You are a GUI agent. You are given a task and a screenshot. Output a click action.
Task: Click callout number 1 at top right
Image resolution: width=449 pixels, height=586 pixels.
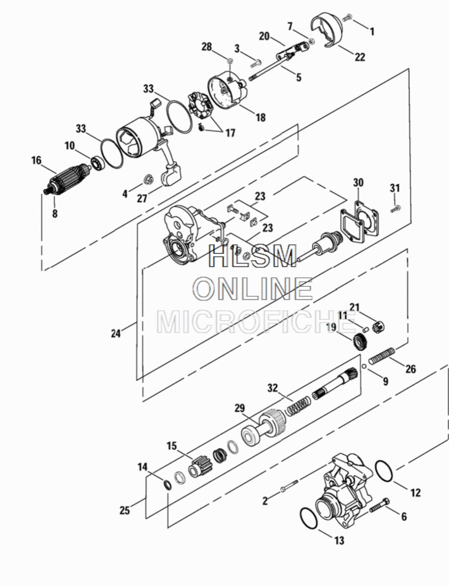(372, 32)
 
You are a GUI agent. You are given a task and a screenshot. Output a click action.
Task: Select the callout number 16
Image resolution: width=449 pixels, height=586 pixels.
(36, 160)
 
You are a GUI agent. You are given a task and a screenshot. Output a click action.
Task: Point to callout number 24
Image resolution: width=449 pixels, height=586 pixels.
(116, 334)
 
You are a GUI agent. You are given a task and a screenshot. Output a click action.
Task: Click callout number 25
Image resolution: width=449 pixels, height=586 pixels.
(125, 510)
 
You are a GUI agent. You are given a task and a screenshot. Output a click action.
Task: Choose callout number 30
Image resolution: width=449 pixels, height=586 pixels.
(358, 183)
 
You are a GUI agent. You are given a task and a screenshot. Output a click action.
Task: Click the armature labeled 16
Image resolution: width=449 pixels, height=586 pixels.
(68, 179)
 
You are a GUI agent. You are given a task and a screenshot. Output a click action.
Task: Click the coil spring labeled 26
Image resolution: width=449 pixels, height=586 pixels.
(381, 356)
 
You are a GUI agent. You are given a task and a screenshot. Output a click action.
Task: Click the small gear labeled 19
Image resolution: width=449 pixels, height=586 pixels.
(358, 342)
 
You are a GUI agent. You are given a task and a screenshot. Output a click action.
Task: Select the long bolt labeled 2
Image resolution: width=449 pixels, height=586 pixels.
(289, 486)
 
